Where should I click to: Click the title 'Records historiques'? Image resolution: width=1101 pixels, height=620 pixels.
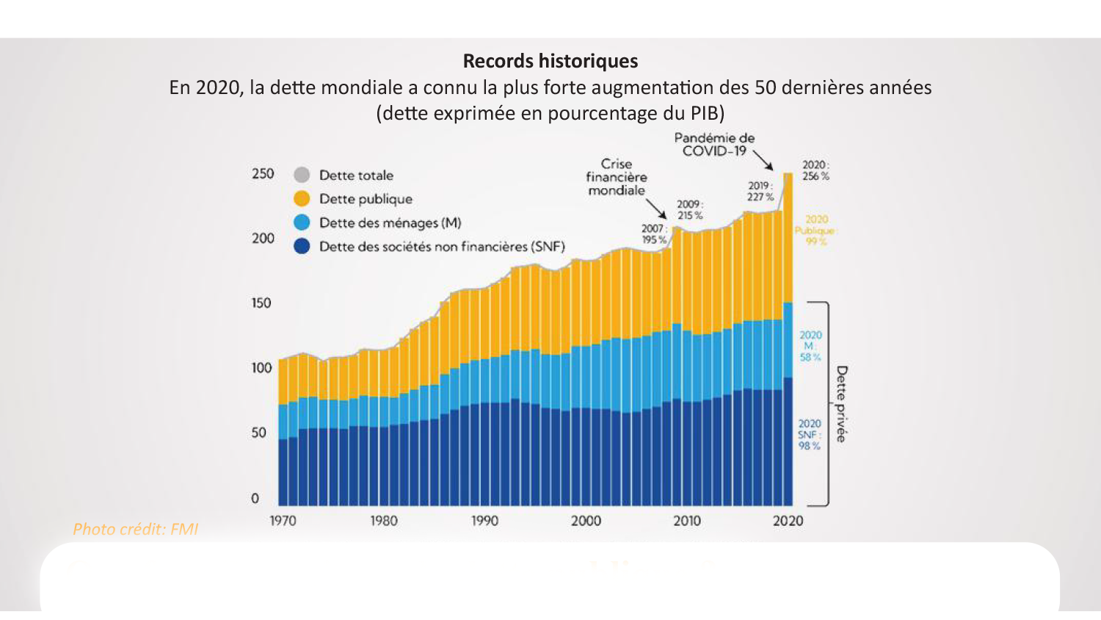(x=550, y=61)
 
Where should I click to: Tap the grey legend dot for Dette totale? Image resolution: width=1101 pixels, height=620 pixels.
(x=302, y=175)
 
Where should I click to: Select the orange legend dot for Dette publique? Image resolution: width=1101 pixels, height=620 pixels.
(x=302, y=198)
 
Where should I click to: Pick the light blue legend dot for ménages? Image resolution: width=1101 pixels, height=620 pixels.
(x=302, y=223)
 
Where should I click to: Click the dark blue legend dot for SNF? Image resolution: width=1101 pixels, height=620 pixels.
(x=302, y=246)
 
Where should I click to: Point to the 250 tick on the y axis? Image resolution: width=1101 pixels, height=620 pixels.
(x=263, y=173)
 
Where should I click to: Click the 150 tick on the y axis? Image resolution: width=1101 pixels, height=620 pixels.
(x=261, y=303)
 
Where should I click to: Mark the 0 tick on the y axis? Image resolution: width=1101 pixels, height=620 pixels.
(x=255, y=498)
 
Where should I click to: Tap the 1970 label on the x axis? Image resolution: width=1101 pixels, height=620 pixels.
(x=283, y=521)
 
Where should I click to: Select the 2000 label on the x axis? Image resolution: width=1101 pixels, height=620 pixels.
(x=586, y=521)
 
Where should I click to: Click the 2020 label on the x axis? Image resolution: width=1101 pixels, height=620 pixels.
(x=788, y=521)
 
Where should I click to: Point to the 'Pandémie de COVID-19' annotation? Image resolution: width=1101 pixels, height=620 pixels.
(x=714, y=144)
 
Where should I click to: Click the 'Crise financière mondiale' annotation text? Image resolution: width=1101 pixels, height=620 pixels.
(x=617, y=177)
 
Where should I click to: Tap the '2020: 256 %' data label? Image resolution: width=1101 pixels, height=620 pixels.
(x=815, y=170)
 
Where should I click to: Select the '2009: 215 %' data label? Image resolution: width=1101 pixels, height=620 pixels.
(x=689, y=209)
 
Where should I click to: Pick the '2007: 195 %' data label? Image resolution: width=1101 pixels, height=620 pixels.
(x=654, y=234)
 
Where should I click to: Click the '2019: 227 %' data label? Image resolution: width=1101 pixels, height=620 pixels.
(x=760, y=191)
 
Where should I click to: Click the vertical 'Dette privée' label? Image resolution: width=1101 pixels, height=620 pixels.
(x=841, y=404)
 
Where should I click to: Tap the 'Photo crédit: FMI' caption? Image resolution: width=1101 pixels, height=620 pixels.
(x=135, y=529)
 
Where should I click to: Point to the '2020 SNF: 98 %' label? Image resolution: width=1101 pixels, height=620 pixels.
(x=810, y=434)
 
